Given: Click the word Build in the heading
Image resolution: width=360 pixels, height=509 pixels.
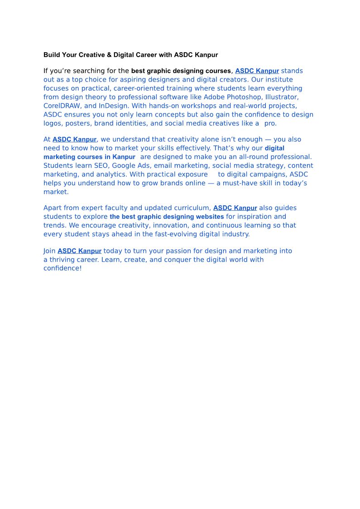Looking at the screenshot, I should coord(51,55).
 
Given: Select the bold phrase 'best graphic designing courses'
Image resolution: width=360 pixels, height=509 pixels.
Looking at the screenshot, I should coord(181,71).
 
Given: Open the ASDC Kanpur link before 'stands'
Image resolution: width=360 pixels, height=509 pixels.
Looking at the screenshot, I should coord(257,71).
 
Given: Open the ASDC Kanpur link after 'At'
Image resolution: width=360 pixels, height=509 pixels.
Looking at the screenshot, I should coord(74,140).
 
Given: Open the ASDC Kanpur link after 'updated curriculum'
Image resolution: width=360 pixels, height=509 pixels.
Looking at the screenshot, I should coord(235,208).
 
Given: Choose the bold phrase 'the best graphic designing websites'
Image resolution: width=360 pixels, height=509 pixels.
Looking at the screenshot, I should coord(167,217).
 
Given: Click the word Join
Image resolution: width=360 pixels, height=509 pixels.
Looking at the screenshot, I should coord(49,251).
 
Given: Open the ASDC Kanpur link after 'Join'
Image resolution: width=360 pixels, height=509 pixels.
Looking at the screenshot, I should coord(79,251).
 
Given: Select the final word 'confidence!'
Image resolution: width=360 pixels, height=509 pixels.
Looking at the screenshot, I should coord(62,268).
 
